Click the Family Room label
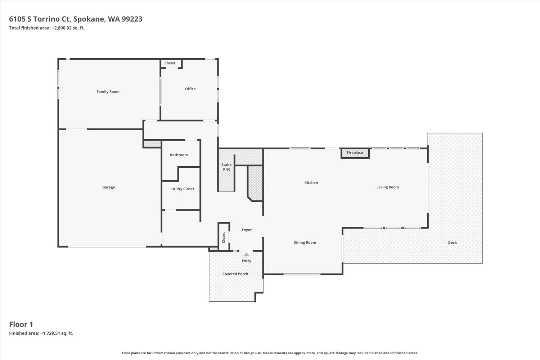(x=108, y=92)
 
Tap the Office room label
(x=190, y=89)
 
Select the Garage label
(x=108, y=187)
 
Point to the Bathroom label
(x=179, y=155)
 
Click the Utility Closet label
(x=183, y=189)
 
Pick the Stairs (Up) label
(x=226, y=167)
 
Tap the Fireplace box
(x=355, y=153)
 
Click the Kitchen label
(x=311, y=183)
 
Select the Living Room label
(x=388, y=187)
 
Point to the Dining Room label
(x=305, y=242)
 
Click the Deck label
(x=452, y=243)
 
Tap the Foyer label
(x=247, y=230)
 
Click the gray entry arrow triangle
(x=246, y=255)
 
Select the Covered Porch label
(x=235, y=274)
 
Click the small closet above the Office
(x=171, y=64)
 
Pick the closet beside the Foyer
(x=224, y=237)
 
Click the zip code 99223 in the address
(x=132, y=19)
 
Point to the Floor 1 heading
(x=21, y=324)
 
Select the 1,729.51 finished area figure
(x=50, y=333)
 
